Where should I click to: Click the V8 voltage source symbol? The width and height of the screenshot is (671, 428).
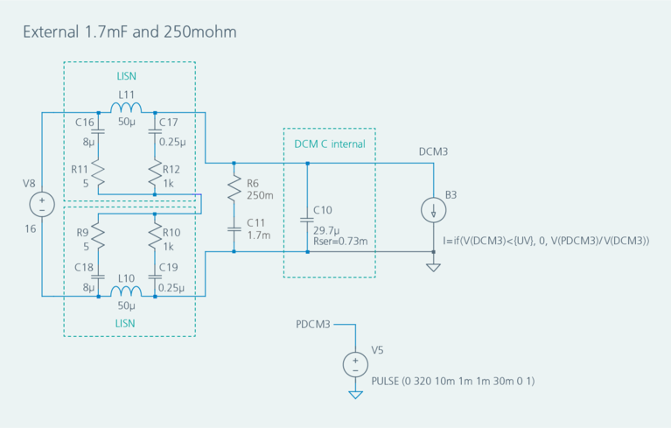41,205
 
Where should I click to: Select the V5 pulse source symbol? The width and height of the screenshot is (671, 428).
355,364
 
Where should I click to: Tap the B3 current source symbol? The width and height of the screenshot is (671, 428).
434,210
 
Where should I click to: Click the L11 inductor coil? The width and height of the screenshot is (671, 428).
126,109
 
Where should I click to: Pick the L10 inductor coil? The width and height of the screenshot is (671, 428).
126,292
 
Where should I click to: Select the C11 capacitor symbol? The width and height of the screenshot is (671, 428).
234,229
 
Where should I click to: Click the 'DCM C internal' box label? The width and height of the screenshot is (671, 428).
329,143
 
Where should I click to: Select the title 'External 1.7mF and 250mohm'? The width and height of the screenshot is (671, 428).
129,32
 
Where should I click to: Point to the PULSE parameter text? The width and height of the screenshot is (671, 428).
452,381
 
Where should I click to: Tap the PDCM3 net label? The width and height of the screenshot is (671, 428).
314,325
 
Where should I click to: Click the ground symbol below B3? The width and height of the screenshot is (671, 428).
434,265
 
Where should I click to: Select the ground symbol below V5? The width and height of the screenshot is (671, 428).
355,395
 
